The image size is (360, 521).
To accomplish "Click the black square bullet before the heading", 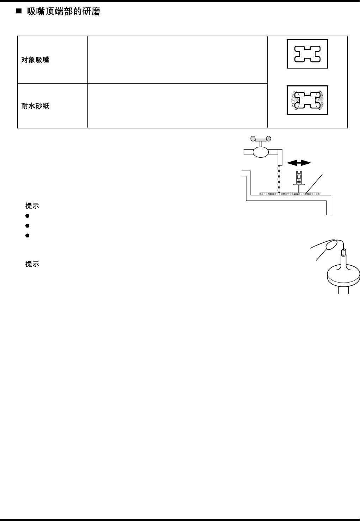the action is tap(19, 12).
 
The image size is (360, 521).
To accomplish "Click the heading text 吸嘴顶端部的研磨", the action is tap(63, 12).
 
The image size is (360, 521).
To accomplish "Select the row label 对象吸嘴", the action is tap(35, 60).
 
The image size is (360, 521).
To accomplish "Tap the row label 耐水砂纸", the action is tap(35, 106).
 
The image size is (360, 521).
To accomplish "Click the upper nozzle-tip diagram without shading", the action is tap(307, 54).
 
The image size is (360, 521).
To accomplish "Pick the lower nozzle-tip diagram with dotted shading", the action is tap(307, 100).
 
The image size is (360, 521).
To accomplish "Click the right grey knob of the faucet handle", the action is tap(269, 138).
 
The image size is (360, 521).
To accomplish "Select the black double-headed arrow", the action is tap(299, 163).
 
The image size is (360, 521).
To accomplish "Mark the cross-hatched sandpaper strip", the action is tap(289, 194).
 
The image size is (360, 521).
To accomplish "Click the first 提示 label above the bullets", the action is tap(32, 206).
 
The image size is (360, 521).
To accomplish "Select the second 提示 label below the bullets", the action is tap(32, 264).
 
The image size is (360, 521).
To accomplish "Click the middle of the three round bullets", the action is tap(27, 225).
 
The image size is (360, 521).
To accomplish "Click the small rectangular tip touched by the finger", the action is tap(343, 253).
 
